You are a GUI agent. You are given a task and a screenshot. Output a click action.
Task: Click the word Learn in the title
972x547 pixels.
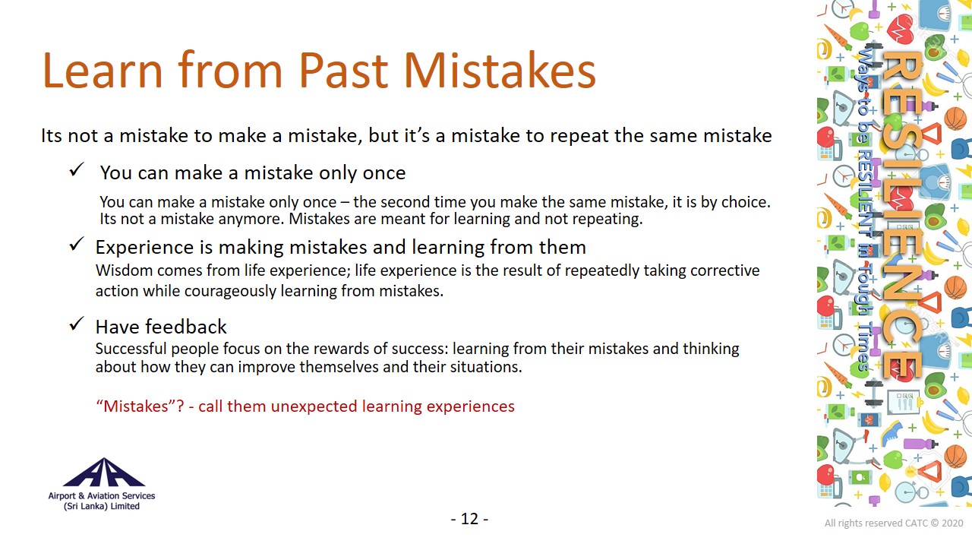(103, 71)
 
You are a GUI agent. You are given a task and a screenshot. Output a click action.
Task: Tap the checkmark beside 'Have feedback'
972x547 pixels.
(77, 324)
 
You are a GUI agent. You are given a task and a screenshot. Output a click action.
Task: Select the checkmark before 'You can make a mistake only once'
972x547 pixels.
(77, 169)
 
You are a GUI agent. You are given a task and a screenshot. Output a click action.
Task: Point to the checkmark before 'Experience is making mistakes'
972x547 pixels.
(77, 245)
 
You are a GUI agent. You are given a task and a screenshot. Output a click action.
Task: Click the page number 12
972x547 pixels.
(469, 519)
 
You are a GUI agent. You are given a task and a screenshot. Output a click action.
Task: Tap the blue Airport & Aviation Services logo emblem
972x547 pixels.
(104, 472)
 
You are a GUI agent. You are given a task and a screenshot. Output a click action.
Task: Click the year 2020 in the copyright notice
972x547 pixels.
(952, 523)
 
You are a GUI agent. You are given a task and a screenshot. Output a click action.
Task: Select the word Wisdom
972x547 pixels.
(124, 270)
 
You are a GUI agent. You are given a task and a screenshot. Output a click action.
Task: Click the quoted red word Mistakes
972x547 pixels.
(135, 406)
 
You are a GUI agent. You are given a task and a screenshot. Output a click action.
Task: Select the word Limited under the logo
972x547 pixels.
(125, 506)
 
